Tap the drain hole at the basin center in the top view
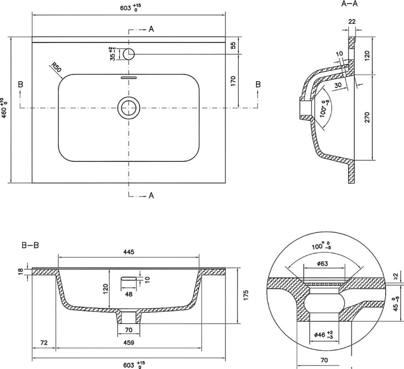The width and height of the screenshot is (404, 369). point(129,108)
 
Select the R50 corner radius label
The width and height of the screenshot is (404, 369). point(56,67)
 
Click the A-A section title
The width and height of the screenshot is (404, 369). point(349,4)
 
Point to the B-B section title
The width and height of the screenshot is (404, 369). point(30,245)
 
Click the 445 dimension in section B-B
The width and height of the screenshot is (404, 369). point(128,252)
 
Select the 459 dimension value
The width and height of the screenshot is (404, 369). point(128,342)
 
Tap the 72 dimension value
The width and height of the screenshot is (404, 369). point(44,342)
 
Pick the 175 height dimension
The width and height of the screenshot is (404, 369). point(246,295)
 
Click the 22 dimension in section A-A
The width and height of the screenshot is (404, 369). point(352,22)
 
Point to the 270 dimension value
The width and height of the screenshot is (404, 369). point(367,117)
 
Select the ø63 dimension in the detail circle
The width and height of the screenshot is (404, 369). point(322,264)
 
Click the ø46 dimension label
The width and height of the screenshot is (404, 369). point(323,335)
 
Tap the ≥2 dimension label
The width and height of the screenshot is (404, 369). point(396,276)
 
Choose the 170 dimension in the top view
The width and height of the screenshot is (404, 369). point(233,81)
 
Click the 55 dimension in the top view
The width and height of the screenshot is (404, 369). point(233,46)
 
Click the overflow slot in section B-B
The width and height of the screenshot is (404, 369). point(129,278)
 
